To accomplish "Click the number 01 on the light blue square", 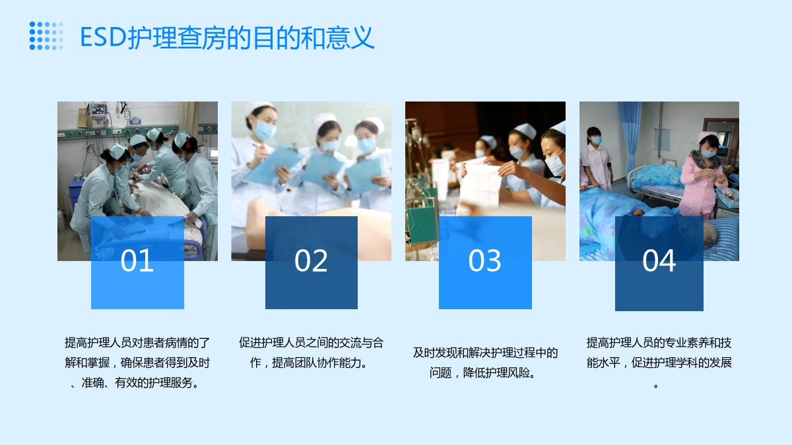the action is tap(137, 260).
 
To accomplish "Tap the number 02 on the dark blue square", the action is tap(311, 260).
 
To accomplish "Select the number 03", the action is tap(484, 260).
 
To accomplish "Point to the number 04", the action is tap(659, 260).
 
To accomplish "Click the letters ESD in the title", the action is tap(103, 37).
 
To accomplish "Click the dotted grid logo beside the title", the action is tap(46, 36).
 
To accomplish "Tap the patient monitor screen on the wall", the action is tap(98, 110).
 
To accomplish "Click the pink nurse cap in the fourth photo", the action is tap(707, 136).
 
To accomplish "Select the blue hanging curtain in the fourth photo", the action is tap(630, 138).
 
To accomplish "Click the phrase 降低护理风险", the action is tap(500, 372).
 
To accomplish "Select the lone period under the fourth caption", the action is tap(656, 386).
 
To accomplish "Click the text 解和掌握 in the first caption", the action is tap(87, 363).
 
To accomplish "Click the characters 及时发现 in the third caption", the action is tap(435, 353).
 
